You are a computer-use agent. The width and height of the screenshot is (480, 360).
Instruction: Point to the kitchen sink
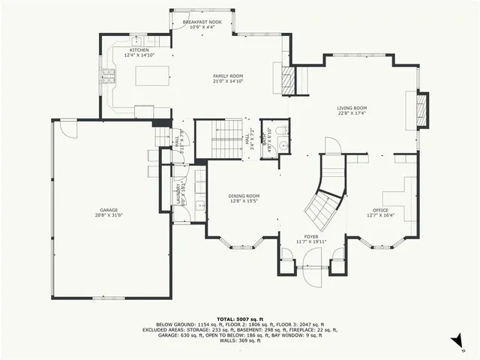[x=137, y=39]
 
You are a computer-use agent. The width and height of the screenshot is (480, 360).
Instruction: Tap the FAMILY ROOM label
[x=228, y=79]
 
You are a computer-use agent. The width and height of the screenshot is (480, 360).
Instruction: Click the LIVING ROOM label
[x=351, y=111]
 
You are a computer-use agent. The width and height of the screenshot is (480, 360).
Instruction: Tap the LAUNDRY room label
[x=178, y=193]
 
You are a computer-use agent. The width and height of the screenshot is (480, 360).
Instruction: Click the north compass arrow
[x=454, y=342]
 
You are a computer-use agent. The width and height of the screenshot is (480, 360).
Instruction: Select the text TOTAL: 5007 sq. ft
[x=240, y=319]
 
